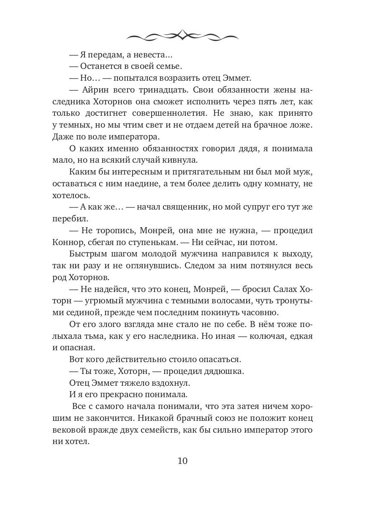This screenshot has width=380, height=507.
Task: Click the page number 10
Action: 182,460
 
